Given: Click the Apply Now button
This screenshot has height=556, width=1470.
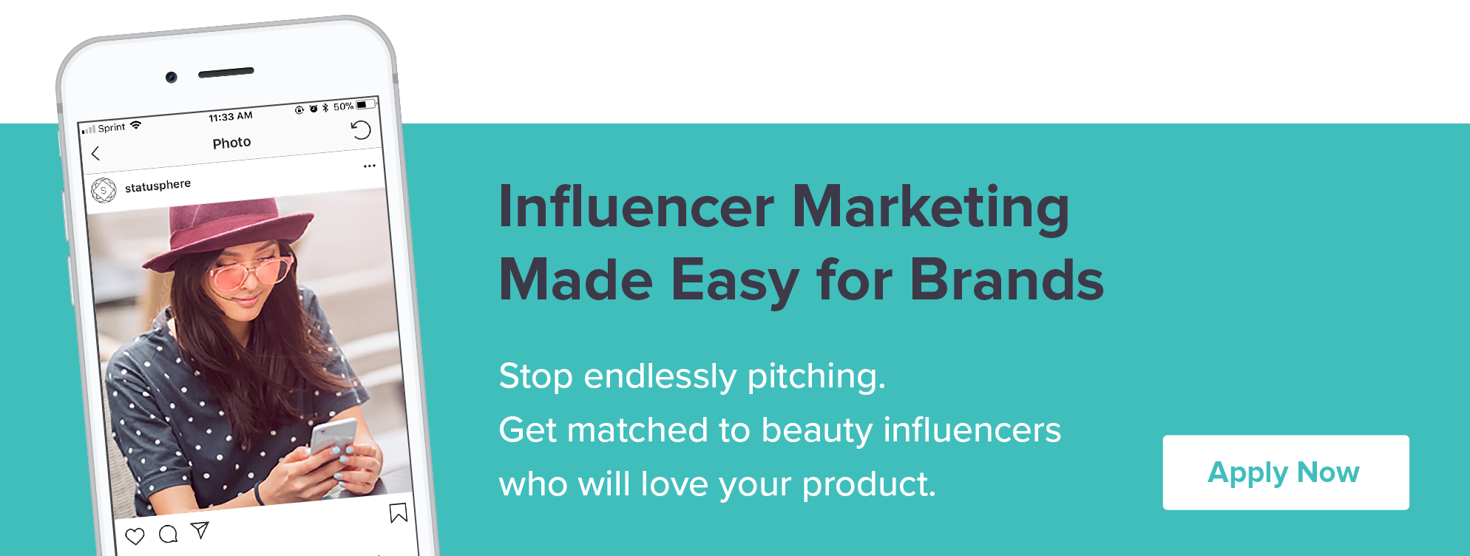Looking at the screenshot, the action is pos(1285,472).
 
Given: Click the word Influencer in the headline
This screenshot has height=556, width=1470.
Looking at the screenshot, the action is pos(637,206).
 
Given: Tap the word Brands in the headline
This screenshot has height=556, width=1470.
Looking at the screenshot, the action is pos(1006,280).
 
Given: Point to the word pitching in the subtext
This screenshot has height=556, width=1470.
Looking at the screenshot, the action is pos(816,377).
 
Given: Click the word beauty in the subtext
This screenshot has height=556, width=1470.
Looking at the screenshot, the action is pos(817,431).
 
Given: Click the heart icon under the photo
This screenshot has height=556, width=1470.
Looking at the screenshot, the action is pos(135,536).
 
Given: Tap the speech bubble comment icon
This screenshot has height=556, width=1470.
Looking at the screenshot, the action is pos(169,534).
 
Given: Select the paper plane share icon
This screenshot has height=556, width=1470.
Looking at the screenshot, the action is pos(200,529).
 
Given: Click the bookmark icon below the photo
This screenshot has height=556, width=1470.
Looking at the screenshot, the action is pos(399,512).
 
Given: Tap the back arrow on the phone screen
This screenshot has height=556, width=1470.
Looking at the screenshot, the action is pos(95,153).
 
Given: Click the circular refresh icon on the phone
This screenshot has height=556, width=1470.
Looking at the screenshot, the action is pos(361,130).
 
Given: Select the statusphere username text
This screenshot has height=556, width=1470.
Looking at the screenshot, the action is pos(157,185).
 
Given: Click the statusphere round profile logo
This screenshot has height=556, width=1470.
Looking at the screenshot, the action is pos(104,190).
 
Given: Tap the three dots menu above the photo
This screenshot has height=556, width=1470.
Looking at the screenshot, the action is pos(370,166).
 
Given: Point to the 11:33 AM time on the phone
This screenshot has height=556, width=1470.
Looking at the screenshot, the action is pos(231,117).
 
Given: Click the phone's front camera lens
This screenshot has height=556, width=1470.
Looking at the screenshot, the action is pos(171,77).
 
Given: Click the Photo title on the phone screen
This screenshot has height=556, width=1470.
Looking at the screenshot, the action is pos(231,143).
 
